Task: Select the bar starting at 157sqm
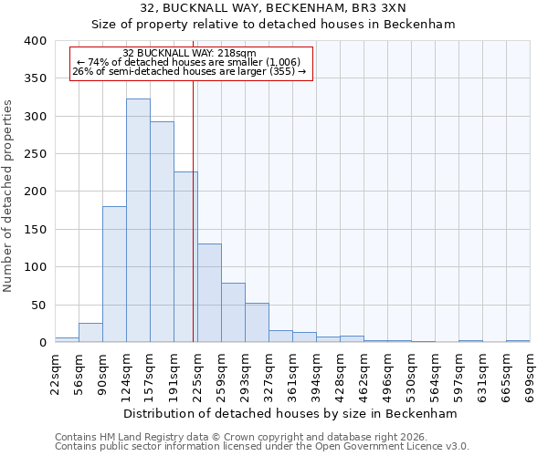(162, 233)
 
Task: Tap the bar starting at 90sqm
(114, 275)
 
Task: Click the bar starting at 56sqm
(90, 333)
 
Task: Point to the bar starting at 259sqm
(233, 313)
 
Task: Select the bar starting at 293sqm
(257, 323)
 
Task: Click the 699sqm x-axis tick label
(531, 374)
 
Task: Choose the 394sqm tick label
(317, 374)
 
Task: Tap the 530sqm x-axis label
(412, 374)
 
